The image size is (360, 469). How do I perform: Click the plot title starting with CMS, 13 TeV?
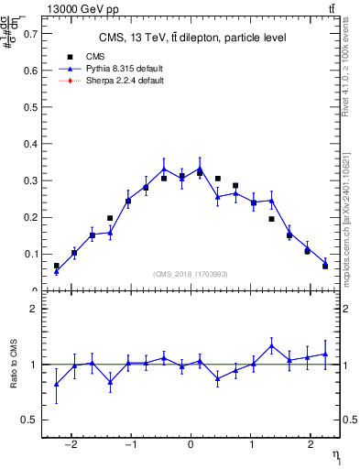pos(191,38)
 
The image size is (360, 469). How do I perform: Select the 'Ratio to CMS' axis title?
pos(14,365)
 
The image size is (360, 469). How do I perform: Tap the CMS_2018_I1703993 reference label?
pos(190,274)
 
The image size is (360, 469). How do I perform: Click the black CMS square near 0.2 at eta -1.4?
pos(110,218)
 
